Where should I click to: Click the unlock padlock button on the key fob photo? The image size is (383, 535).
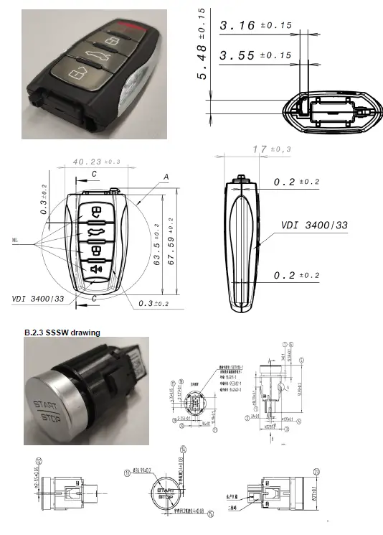pyautogui.click(x=76, y=74)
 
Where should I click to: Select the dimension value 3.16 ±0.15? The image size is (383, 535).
pyautogui.click(x=255, y=26)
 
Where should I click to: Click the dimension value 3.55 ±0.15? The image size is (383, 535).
pyautogui.click(x=255, y=55)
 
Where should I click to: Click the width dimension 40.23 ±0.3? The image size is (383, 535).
pyautogui.click(x=96, y=162)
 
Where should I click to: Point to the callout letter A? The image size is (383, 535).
pyautogui.click(x=166, y=177)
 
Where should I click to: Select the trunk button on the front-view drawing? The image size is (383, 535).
pyautogui.click(x=95, y=231)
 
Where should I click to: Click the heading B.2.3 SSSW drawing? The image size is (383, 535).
pyautogui.click(x=62, y=332)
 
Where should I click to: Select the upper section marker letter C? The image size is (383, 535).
pyautogui.click(x=94, y=174)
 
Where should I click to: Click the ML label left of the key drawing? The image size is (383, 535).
pyautogui.click(x=14, y=239)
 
